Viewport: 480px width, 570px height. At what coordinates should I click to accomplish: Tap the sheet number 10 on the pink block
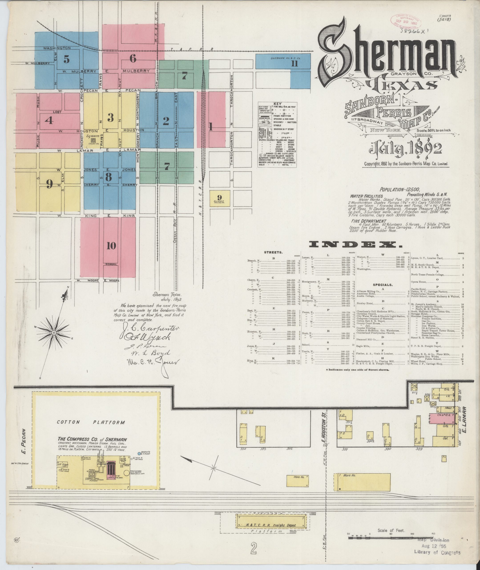(x=111, y=246)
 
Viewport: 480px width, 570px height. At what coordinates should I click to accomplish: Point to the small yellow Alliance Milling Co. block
(x=220, y=198)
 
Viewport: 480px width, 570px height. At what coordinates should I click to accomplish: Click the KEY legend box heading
(x=278, y=104)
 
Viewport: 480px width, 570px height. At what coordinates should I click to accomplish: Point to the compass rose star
(x=54, y=333)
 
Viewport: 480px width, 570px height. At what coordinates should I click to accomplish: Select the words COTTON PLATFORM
(x=91, y=422)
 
